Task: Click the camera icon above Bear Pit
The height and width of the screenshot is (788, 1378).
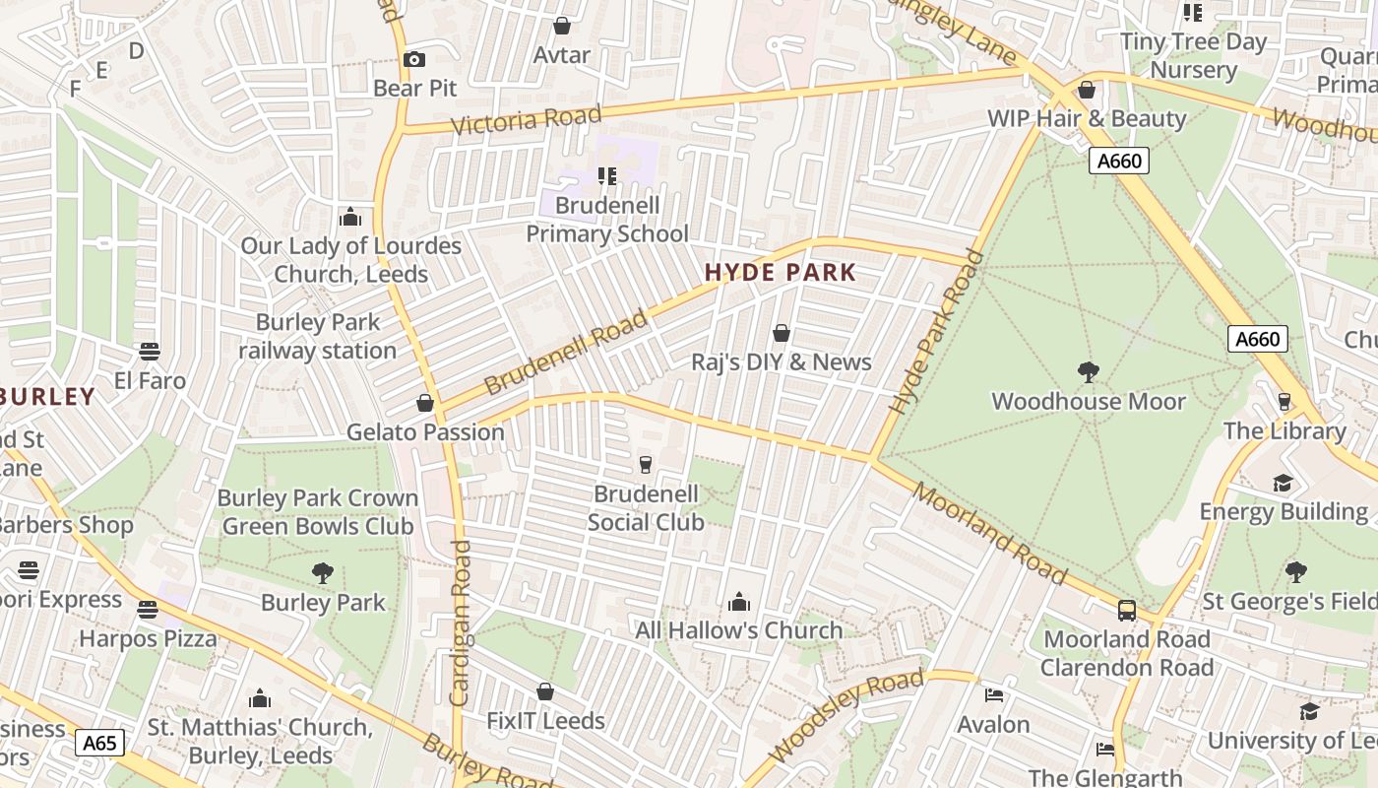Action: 414,59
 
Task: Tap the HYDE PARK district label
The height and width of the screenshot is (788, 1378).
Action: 781,273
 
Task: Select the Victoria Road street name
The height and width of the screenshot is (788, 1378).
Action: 526,120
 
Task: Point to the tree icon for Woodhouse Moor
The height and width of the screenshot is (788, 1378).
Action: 1088,372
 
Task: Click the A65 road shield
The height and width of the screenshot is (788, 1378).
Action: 100,743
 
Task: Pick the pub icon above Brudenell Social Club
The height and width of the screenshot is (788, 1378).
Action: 646,464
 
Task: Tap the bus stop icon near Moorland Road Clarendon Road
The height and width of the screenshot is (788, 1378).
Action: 1127,610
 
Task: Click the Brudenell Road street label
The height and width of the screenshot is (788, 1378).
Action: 567,351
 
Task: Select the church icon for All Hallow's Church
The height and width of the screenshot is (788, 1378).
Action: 738,602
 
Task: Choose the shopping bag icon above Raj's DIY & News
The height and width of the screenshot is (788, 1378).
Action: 782,333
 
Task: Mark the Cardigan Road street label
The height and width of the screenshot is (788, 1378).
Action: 460,623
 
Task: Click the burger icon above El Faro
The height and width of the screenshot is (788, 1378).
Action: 150,352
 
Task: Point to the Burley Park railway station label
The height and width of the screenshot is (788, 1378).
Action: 317,336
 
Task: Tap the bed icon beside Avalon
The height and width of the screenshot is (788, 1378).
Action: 994,695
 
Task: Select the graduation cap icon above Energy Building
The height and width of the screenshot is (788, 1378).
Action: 1283,483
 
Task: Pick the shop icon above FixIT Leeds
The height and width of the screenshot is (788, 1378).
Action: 545,692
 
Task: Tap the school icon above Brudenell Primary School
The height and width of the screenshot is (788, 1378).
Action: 607,176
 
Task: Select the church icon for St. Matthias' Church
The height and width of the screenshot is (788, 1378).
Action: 260,698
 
